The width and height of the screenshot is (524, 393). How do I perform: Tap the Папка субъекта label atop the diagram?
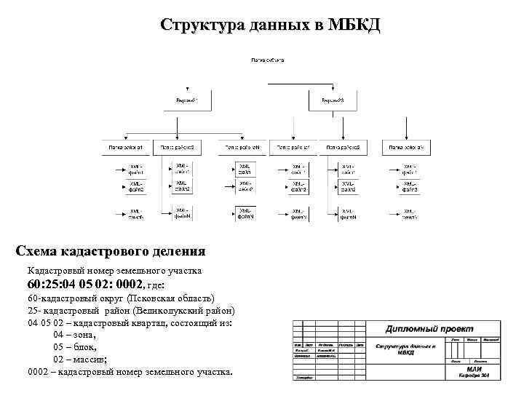coord(268,59)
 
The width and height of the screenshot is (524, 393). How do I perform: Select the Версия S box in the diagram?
coord(332,100)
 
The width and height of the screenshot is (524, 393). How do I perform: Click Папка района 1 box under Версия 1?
coord(127,147)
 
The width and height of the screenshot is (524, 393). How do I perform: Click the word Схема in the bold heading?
coord(41,252)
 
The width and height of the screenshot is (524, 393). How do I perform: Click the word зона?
coord(83,335)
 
